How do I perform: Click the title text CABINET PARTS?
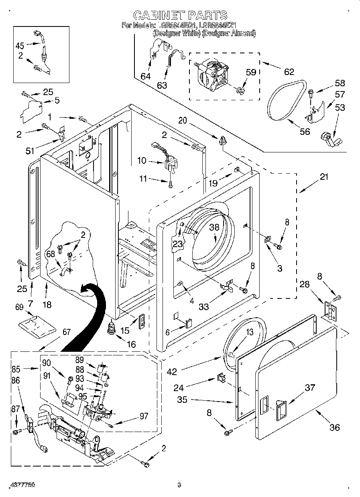point(180,15)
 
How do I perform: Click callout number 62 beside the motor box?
point(289,72)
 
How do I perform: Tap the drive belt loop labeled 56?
point(286,102)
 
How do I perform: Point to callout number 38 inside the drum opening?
point(214,227)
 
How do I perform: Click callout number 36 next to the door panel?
point(335,427)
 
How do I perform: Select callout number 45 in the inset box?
point(20,45)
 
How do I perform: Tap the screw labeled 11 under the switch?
point(172,184)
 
